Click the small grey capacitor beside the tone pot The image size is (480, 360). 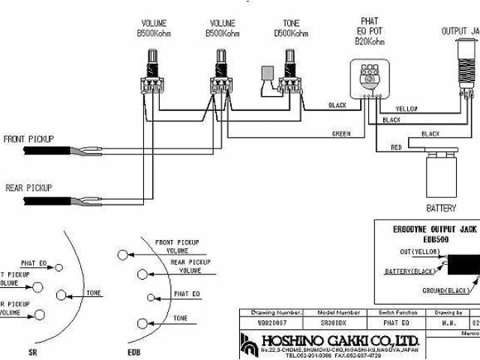[x=266, y=73]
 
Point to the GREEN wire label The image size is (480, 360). [x=341, y=133]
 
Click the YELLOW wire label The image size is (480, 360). [x=407, y=109]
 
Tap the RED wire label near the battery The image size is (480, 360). [x=396, y=148]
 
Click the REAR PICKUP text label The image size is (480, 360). [x=28, y=187]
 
